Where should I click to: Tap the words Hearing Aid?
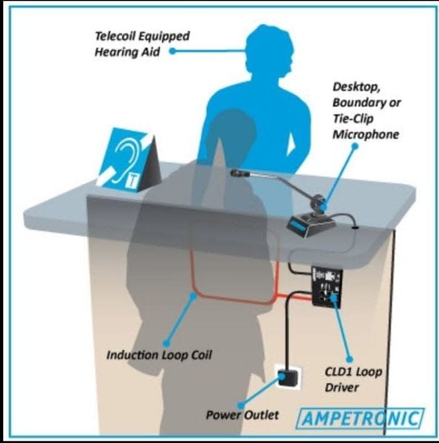pos(127,52)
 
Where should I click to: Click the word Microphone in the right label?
pos(366,135)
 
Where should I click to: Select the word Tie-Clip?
pos(353,119)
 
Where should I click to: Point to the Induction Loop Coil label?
pos(159,356)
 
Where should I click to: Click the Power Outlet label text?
pos(242,415)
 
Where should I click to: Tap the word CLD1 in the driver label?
pos(337,372)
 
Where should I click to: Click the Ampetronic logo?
pos(360,419)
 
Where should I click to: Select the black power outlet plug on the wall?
pos(288,378)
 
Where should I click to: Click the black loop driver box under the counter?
pos(327,286)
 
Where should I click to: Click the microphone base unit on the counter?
pos(310,223)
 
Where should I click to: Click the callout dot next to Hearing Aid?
pos(172,51)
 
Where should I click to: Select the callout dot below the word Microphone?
pos(355,146)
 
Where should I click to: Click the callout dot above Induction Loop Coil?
pos(193,296)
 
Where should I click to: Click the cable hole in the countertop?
pos(355,226)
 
